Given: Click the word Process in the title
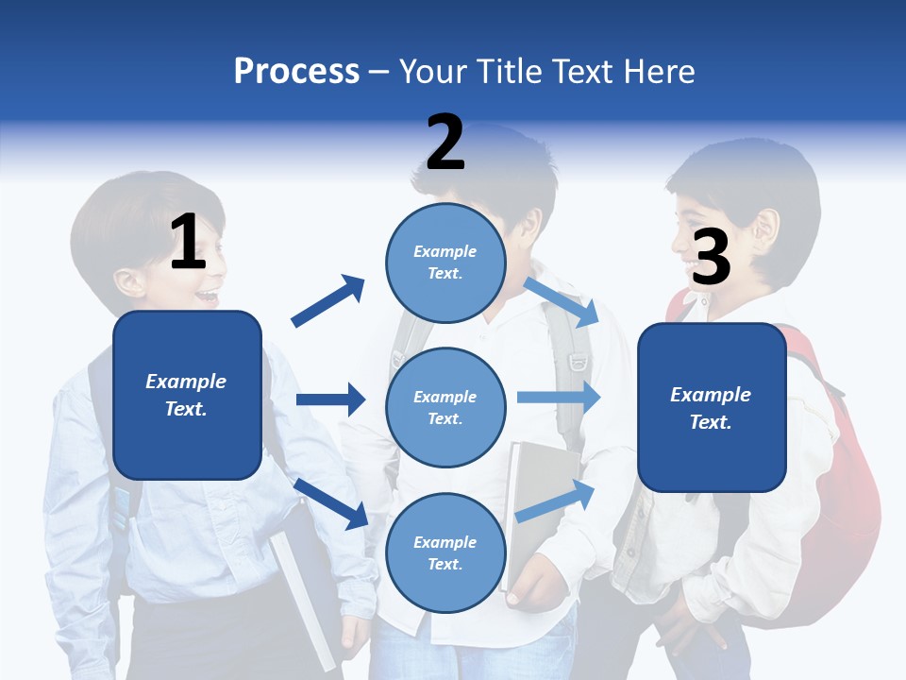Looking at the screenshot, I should click(x=296, y=71).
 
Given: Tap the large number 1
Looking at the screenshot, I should click(x=188, y=242).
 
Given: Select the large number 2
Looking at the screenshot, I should click(x=445, y=143).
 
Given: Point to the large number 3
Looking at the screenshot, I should click(x=711, y=257).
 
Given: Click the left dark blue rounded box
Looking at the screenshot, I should click(x=187, y=395).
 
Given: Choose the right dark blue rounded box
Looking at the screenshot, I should click(x=712, y=407).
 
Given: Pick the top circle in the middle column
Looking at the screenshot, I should click(x=445, y=263).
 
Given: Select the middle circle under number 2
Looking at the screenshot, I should click(x=445, y=407).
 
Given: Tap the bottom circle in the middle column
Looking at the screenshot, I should click(x=445, y=552).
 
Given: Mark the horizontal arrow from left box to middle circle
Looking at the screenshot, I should click(x=330, y=399).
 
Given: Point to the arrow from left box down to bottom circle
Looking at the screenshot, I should click(x=331, y=502).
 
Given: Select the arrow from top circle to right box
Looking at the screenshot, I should click(x=562, y=301).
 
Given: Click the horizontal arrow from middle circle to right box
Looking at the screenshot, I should click(x=559, y=398).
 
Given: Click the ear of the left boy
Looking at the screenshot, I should click(x=129, y=280).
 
